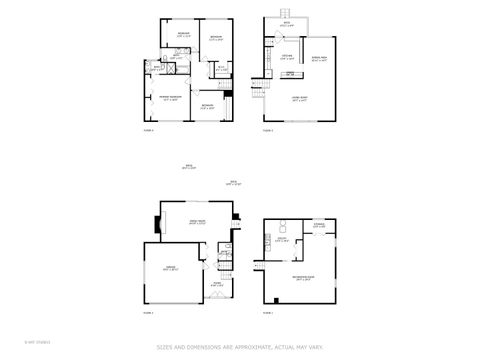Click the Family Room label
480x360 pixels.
click(197, 221)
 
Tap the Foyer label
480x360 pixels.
click(216, 284)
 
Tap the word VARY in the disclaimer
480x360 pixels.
click(316, 347)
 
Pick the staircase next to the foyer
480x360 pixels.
click(227, 270)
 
